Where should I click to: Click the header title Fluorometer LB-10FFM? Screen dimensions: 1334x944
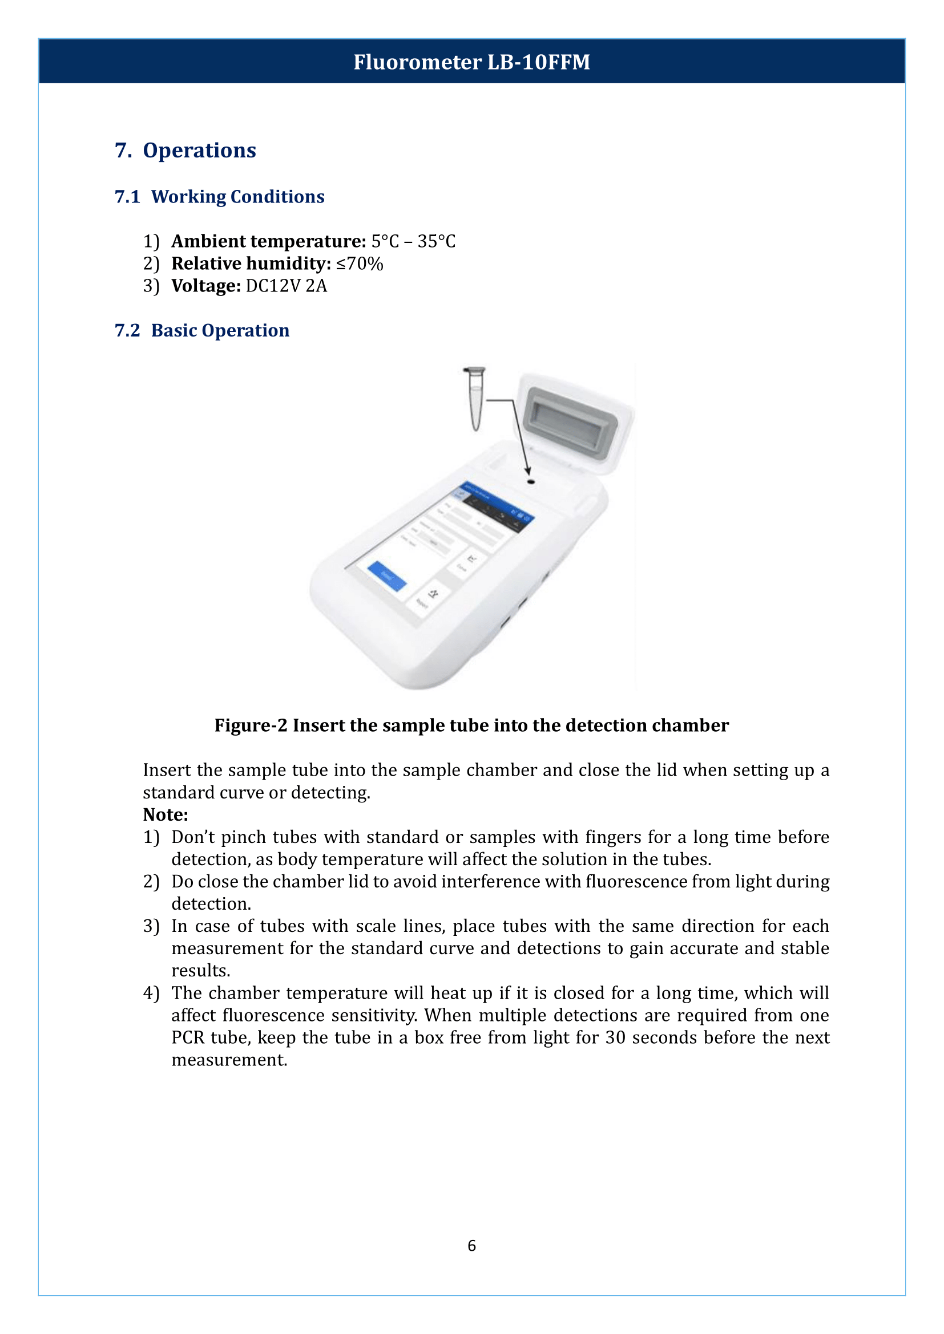[x=471, y=62]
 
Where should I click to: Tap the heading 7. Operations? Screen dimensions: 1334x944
[x=185, y=151]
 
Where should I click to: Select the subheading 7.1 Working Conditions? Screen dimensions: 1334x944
[x=220, y=197]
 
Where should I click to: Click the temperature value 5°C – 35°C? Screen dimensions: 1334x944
[x=413, y=241]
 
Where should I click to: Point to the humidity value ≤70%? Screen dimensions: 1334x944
[x=360, y=264]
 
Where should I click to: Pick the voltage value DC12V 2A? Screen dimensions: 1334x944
[x=287, y=286]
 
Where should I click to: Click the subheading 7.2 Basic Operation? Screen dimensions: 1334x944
[x=202, y=331]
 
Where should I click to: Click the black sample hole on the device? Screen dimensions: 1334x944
[x=531, y=482]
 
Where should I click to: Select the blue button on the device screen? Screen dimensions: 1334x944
[x=387, y=577]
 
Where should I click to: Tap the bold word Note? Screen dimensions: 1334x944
[x=166, y=815]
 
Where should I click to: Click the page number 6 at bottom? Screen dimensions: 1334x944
[x=471, y=1246]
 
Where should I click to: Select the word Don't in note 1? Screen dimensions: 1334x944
[x=193, y=837]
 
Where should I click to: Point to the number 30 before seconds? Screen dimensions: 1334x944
[x=615, y=1037]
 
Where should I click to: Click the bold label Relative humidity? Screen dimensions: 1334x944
[x=251, y=264]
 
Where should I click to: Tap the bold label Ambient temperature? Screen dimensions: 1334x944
[x=269, y=241]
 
